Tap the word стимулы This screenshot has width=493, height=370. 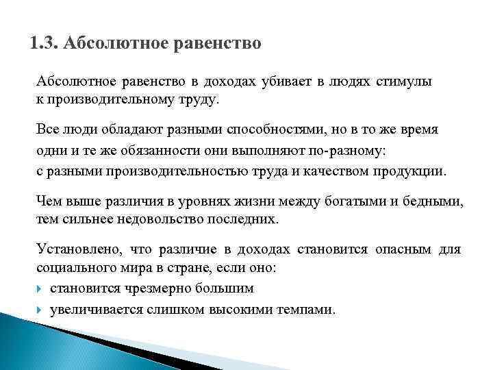[x=403, y=82]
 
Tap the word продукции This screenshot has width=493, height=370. [x=411, y=170]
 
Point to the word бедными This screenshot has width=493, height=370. [x=430, y=201]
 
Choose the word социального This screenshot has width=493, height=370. [x=75, y=269]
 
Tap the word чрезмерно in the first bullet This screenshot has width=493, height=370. [x=151, y=288]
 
